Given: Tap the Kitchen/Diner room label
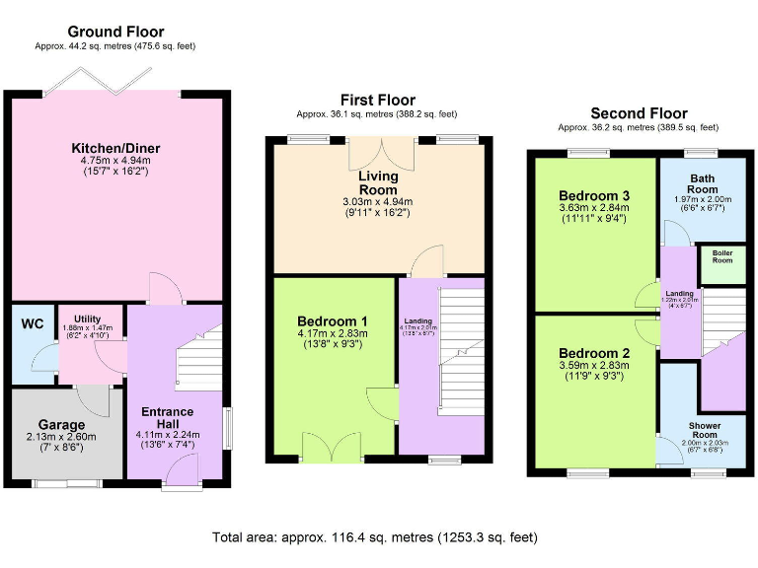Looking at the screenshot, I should click(x=115, y=149).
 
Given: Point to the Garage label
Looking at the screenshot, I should click(x=63, y=425).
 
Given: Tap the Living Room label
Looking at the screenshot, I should click(x=378, y=182).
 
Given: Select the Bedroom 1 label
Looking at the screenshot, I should click(x=333, y=320).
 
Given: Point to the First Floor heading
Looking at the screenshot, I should click(x=378, y=100).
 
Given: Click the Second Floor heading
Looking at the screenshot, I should click(x=639, y=113).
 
